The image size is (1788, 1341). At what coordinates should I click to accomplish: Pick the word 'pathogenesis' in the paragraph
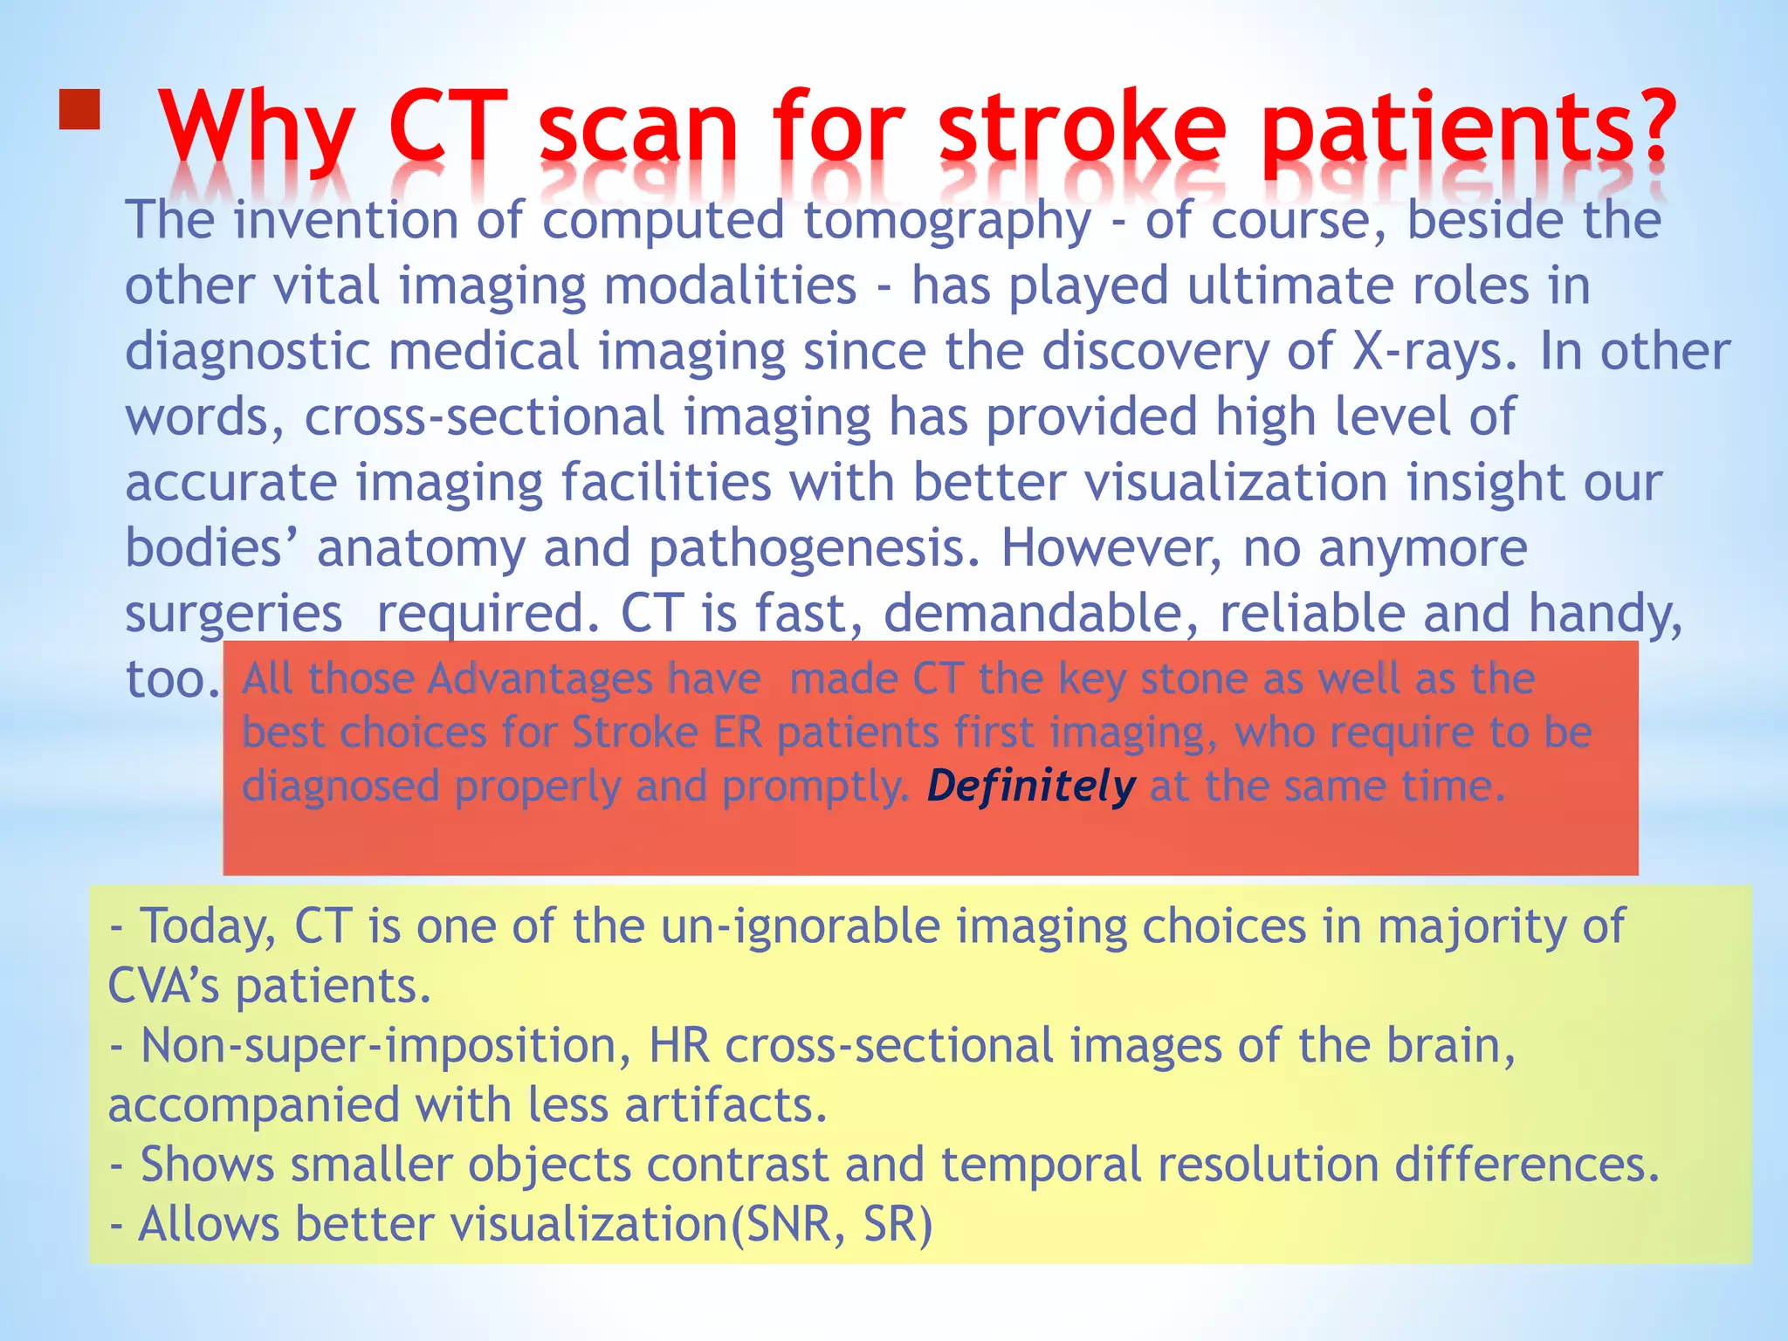pos(814,548)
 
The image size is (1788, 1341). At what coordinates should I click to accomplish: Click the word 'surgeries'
pos(234,614)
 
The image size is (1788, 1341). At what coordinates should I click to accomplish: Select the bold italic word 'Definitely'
pos(1031,786)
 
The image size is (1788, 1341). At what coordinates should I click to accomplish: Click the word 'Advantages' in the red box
pos(594,678)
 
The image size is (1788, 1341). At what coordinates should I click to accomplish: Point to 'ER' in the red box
pos(738,732)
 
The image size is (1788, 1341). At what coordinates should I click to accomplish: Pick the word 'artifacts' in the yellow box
pos(725,1105)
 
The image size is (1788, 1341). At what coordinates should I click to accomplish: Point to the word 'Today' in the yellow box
pos(208,926)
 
